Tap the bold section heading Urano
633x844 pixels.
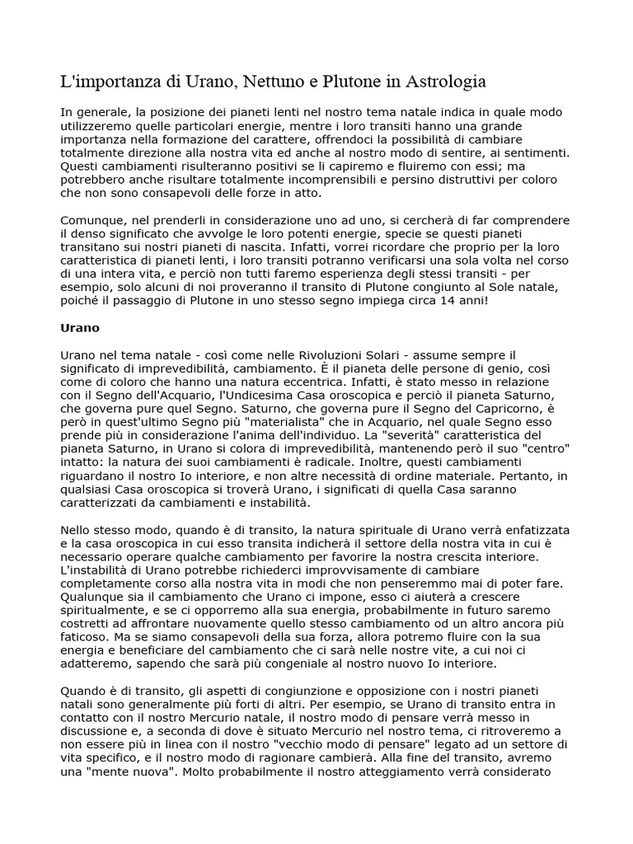[80, 327]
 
